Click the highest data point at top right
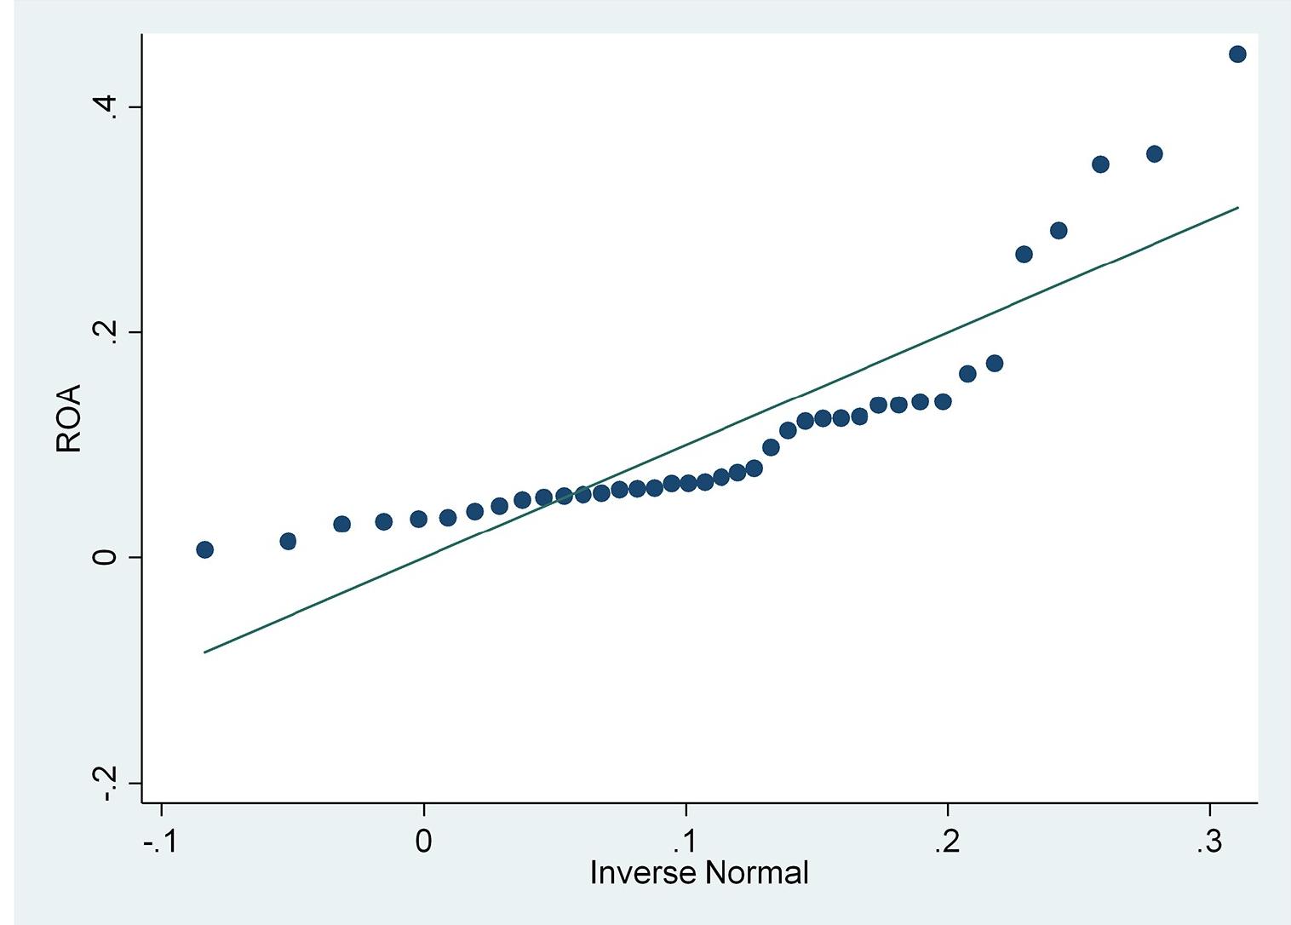(1237, 55)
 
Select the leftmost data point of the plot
(204, 549)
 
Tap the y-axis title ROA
(69, 418)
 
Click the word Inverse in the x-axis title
(640, 873)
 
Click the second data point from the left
(288, 541)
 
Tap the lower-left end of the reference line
(204, 652)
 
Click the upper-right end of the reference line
(1237, 207)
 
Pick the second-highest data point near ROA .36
(1154, 154)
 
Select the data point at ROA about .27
(1024, 254)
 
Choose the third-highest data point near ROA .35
(1100, 164)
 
